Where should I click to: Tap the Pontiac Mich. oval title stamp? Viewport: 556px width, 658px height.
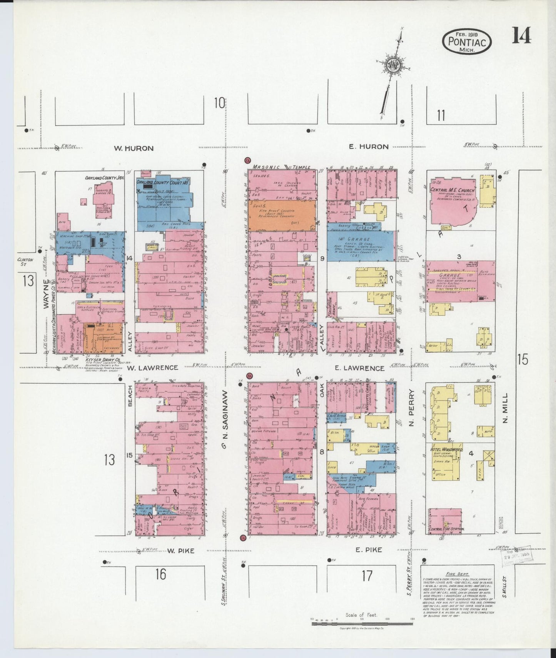[x=467, y=42]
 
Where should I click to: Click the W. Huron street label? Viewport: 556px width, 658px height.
[x=134, y=148]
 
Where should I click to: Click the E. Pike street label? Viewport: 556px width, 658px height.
[x=369, y=550]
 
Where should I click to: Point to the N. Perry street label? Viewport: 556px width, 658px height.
[x=411, y=408]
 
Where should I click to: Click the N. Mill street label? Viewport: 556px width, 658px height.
[x=505, y=408]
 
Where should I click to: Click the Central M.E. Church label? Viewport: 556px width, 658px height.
[x=452, y=190]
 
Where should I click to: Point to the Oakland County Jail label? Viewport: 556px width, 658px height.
[x=105, y=178]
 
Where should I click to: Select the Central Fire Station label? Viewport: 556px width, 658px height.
[x=447, y=529]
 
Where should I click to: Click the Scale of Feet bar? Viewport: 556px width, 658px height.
[x=362, y=623]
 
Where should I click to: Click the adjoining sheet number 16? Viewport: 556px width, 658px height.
[x=160, y=574]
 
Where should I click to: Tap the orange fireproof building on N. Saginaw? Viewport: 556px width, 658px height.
[x=281, y=216]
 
